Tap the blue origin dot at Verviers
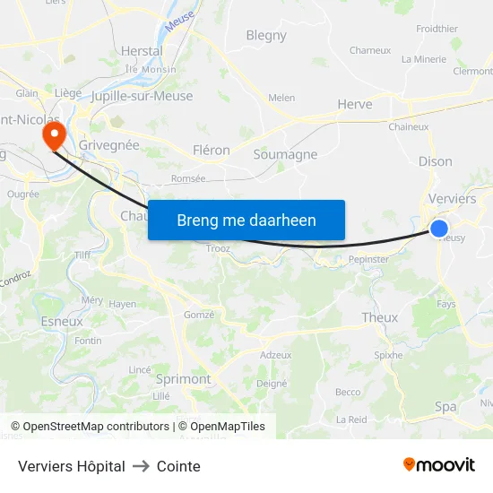tap(439, 229)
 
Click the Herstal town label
tap(142, 51)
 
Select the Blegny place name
tap(266, 36)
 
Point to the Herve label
tap(354, 105)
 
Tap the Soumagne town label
tap(285, 154)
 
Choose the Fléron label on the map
tap(212, 151)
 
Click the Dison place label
tap(435, 161)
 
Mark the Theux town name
tap(379, 317)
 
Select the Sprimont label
tap(183, 379)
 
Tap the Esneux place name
tap(62, 321)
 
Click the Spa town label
tap(445, 406)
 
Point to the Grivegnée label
tap(109, 143)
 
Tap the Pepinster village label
tap(368, 259)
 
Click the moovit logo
tap(439, 465)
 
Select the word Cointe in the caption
tap(178, 466)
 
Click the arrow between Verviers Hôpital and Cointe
tap(141, 466)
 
